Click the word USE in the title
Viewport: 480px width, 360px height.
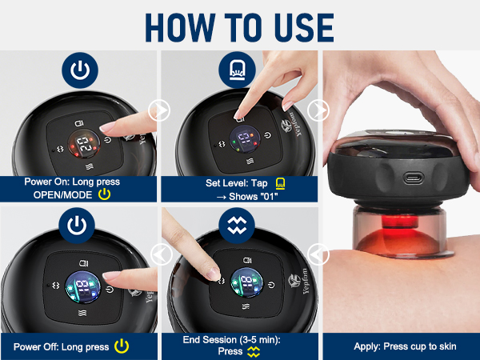coord(304,27)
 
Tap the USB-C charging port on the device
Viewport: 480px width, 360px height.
coord(414,178)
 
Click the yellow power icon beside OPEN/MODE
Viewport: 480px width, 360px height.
coord(104,194)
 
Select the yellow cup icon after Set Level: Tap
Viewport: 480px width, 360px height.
coord(280,183)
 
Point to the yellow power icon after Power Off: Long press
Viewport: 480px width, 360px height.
coord(122,346)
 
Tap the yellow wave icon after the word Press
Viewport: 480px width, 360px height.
coord(254,352)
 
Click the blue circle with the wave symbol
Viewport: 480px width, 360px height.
coord(237,226)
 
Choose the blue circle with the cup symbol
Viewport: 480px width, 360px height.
coord(237,70)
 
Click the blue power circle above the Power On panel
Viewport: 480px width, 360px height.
coord(80,70)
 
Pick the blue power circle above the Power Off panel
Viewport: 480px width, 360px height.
coord(77,226)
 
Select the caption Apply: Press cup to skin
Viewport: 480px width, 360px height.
coord(405,346)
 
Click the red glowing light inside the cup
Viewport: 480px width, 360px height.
coord(399,221)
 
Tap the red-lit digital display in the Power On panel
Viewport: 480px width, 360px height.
coord(84,144)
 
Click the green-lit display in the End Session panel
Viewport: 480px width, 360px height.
coord(246,282)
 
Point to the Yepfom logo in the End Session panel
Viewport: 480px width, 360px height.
coord(299,282)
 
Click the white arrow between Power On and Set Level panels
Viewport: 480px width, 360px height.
coord(159,110)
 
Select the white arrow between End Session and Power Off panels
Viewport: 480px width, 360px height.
coord(162,254)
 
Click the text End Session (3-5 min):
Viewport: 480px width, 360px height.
coord(232,340)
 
